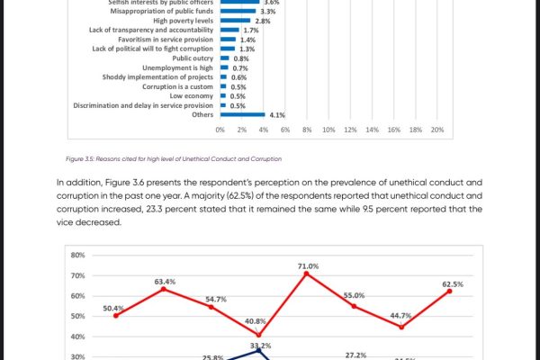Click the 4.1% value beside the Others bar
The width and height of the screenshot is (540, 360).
[x=277, y=115]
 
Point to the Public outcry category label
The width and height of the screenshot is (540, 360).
[x=193, y=58]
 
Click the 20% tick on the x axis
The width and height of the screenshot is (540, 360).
[x=437, y=130]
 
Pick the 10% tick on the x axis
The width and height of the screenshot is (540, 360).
[x=328, y=130]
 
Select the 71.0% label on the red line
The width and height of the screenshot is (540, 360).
[x=308, y=266]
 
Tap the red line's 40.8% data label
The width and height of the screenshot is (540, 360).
[x=256, y=321]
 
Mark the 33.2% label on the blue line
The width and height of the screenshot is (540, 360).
[x=260, y=345]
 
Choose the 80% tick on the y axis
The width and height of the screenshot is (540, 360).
[x=77, y=255]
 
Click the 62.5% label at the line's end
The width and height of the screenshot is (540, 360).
[x=453, y=284]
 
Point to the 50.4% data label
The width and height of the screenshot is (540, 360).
[x=114, y=309]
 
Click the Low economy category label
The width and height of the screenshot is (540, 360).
[x=192, y=96]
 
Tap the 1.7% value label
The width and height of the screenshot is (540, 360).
[x=251, y=31]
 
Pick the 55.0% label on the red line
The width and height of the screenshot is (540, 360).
[x=355, y=295]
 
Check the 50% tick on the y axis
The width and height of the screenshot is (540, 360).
[x=77, y=316]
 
